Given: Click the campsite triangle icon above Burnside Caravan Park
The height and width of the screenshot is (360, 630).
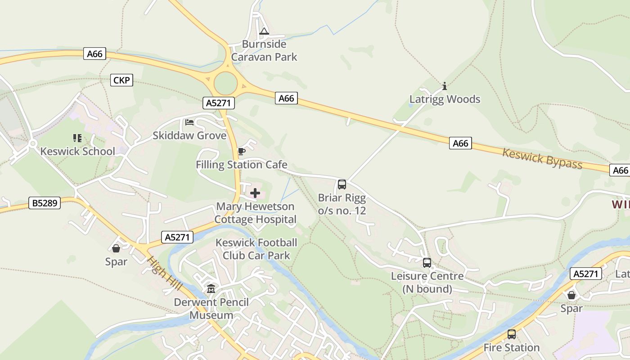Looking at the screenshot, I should coord(264,31).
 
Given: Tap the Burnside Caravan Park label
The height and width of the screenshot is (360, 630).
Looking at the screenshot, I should coord(264,50).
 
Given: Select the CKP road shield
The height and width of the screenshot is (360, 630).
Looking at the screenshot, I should coord(121,81).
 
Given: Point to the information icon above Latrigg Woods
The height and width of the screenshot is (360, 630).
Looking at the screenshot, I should coord(445,86).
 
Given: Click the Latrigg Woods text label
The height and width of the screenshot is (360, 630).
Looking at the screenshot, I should coord(445,99).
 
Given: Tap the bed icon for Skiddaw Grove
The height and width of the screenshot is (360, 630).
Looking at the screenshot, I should coord(189,122).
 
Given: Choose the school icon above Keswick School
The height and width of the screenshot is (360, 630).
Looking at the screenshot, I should coord(77,138).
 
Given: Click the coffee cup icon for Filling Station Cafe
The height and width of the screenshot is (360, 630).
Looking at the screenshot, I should coord(241,151).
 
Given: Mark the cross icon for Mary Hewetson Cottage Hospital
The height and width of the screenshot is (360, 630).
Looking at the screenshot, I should coord(255,193).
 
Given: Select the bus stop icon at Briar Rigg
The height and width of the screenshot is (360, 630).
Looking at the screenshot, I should coord(342,184).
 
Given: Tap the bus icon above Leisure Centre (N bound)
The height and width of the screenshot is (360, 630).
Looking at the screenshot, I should coord(427,263).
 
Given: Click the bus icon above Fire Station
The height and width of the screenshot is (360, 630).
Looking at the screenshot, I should coord(512,334).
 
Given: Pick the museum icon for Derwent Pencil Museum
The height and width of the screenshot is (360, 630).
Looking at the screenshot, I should coord(211,289).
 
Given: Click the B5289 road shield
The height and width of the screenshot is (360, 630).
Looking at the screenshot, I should coord(44,203).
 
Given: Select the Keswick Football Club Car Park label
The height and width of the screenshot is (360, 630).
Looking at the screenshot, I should coord(256,249).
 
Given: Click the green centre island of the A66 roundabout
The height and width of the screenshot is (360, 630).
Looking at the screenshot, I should coord(225,83).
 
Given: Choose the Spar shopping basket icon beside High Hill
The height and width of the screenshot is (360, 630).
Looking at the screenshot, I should coord(116,248).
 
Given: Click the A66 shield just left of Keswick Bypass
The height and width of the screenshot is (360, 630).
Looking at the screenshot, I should coord(460,144).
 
